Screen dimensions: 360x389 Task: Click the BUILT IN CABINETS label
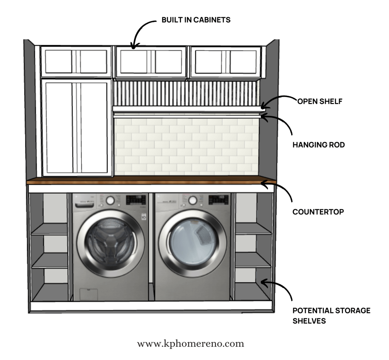click(196, 20)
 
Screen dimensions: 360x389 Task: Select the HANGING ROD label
click(319, 145)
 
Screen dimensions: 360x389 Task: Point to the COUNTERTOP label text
click(318, 212)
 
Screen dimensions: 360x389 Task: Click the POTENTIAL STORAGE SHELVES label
click(331, 316)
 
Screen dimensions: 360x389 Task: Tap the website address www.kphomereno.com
click(190, 344)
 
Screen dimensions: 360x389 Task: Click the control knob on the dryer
click(193, 200)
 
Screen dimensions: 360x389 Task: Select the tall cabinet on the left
click(77, 127)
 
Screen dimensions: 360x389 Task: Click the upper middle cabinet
click(151, 62)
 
